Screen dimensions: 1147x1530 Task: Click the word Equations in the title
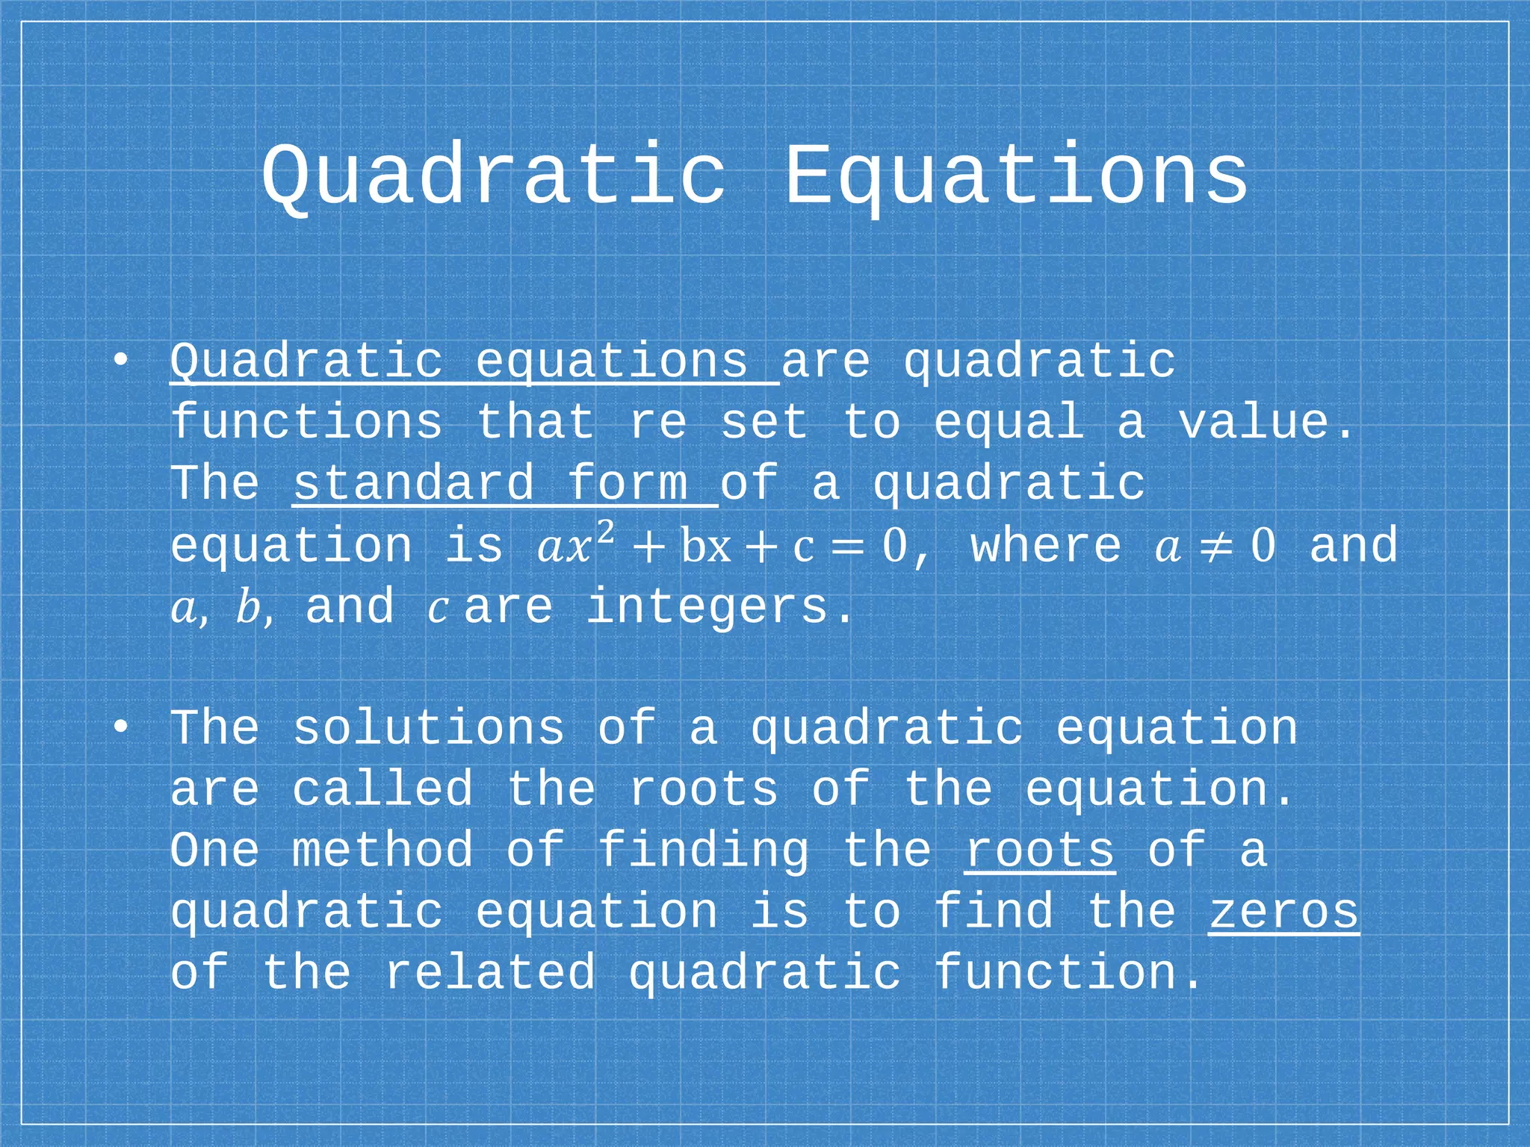1016,176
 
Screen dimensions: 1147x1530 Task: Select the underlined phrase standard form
504,484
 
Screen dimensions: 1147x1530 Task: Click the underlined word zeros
1283,913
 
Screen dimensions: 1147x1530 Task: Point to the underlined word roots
1039,851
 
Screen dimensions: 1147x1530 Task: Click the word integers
707,606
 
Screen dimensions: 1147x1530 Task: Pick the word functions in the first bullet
306,423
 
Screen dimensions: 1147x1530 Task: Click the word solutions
428,728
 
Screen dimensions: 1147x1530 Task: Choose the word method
382,851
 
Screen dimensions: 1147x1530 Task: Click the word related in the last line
489,973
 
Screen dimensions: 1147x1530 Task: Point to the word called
382,790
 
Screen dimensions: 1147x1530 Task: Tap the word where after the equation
1046,545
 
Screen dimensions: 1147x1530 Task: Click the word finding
703,851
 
